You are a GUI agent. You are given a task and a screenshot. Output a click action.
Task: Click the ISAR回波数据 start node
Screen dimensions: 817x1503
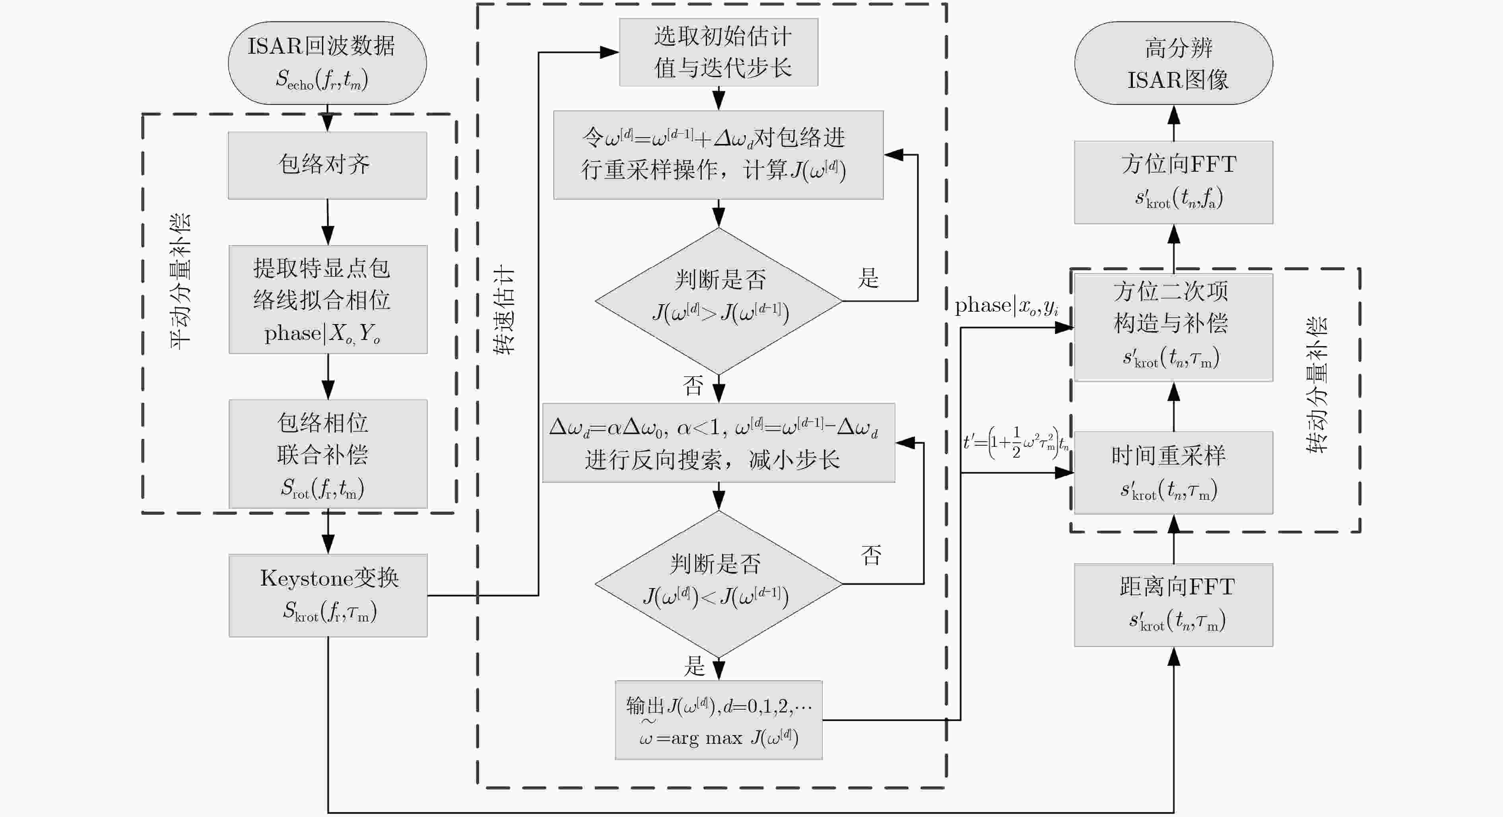[x=327, y=63]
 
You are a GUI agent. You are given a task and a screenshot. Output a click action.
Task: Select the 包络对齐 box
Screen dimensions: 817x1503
[x=327, y=165]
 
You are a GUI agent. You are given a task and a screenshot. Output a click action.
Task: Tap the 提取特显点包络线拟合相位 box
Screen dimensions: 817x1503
[x=328, y=299]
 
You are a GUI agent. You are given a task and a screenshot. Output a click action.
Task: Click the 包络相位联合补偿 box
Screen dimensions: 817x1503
[x=328, y=454]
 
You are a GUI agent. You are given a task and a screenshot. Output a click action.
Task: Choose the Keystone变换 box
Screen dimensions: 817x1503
[x=328, y=595]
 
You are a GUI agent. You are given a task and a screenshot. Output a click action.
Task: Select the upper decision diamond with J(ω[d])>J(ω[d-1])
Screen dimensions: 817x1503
[x=719, y=301]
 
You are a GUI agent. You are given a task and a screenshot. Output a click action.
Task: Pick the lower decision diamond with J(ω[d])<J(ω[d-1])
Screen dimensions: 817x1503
[x=719, y=584]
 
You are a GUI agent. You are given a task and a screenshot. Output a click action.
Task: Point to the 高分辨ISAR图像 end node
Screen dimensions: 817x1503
[x=1173, y=63]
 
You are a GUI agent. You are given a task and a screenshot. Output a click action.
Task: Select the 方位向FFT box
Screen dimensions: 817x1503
[x=1173, y=182]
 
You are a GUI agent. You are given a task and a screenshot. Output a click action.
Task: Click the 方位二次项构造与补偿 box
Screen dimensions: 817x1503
[x=1173, y=327]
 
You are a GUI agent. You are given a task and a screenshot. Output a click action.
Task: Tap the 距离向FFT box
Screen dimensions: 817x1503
[x=1173, y=605]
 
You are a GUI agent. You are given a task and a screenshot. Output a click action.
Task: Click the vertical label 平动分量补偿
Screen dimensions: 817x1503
[x=180, y=281]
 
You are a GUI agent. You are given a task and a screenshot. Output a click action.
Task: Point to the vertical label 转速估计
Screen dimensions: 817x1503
[x=503, y=309]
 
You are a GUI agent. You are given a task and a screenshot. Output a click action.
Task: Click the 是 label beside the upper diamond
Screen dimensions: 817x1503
[x=868, y=278]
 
